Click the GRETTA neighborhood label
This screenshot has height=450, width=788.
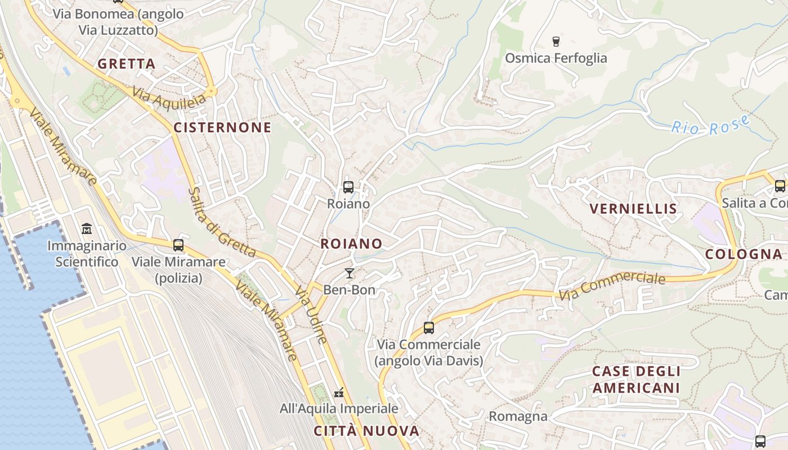[x=126, y=64]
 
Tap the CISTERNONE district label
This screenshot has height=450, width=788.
[x=222, y=128]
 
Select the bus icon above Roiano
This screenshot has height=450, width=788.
[x=348, y=187]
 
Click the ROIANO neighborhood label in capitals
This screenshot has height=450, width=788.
[x=351, y=244]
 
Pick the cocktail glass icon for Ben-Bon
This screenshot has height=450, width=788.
[x=350, y=273]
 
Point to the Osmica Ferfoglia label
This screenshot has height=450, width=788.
[x=556, y=58]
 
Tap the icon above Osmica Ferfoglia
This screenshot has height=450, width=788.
[x=556, y=41]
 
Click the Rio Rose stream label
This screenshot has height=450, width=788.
[x=711, y=125]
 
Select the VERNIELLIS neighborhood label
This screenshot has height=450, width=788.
[x=633, y=209]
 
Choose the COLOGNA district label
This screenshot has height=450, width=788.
[x=744, y=254]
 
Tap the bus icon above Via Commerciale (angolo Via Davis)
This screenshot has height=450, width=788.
[x=429, y=328]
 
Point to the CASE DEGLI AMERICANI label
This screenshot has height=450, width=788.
[x=636, y=380]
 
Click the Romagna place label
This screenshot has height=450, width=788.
[x=518, y=416]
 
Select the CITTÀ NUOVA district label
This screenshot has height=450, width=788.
[x=366, y=431]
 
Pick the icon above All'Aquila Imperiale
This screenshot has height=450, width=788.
[x=339, y=392]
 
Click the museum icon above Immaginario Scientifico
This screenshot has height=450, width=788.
[x=87, y=229]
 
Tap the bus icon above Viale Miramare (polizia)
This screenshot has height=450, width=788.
[x=178, y=245]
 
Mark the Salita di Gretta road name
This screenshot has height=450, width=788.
[x=222, y=222]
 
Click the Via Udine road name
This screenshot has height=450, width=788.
[x=311, y=315]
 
